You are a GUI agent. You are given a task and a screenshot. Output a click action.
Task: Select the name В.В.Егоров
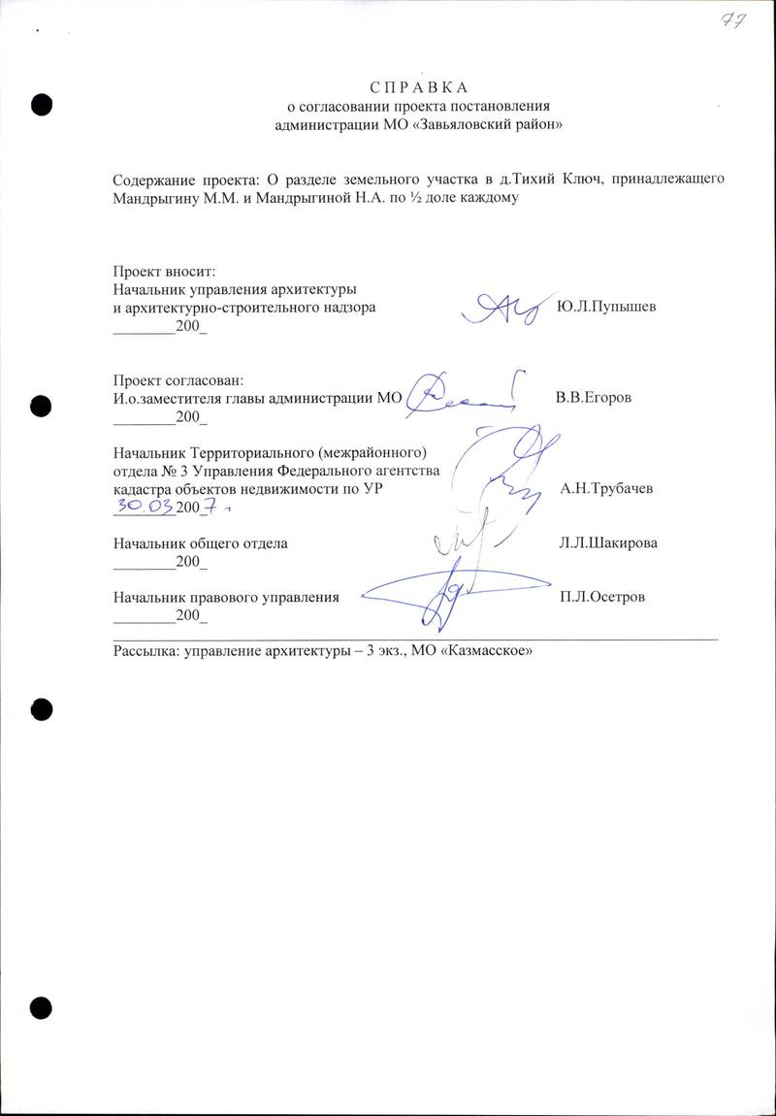[595, 398]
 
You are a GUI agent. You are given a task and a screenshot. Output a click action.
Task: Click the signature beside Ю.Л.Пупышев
[500, 308]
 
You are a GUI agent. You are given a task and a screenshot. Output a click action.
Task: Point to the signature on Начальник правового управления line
[436, 587]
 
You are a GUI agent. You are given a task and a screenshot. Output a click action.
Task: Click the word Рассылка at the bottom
[142, 651]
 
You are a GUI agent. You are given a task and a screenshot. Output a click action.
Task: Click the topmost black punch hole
[42, 104]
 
